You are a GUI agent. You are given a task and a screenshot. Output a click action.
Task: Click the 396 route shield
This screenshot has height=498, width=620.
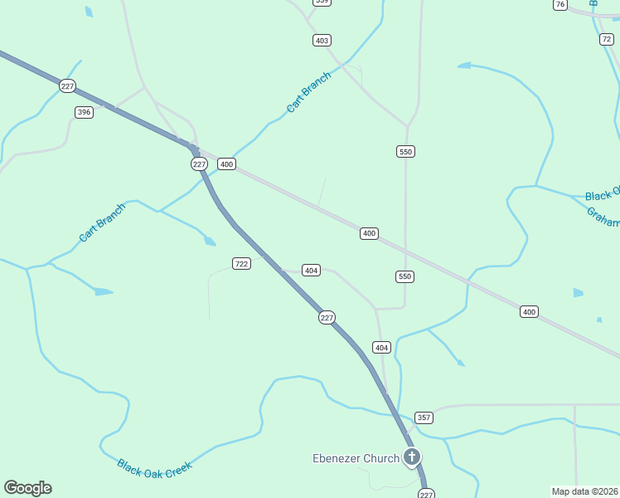pos(84,112)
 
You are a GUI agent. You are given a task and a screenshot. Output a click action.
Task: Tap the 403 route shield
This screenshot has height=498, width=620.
pos(322,41)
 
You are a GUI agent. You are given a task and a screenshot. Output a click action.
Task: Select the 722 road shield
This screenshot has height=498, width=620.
pos(241,264)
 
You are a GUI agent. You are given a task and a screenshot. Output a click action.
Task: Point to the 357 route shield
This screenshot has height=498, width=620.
pos(424,417)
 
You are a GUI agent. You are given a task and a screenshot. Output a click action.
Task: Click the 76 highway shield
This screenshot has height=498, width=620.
pos(560,5)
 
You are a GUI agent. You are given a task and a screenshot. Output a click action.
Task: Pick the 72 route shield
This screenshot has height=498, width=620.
pos(608,39)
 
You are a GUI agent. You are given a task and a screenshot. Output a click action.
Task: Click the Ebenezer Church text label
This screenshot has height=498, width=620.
pos(356,458)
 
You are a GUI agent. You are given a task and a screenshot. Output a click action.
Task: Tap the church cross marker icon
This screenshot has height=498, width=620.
pos(412,456)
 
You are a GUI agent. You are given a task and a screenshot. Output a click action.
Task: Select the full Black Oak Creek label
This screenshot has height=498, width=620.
pos(154,468)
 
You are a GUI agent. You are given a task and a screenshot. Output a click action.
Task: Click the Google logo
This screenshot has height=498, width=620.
pos(27,488)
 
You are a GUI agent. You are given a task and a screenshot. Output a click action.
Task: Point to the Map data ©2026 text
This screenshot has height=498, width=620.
pos(584,491)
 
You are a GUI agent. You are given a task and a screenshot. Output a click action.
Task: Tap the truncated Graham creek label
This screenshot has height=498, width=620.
pos(603,216)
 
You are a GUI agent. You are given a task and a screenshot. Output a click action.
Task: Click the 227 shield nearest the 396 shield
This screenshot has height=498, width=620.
pos(68,85)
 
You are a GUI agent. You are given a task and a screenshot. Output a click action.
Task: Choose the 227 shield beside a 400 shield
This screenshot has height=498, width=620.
pos(199,164)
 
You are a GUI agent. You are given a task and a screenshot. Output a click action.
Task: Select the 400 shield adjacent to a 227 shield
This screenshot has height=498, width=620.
pos(226,164)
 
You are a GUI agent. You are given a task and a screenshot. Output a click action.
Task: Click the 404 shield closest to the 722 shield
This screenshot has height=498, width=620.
pos(311,271)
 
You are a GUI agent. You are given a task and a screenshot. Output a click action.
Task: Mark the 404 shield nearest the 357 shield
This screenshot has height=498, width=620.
pos(381,347)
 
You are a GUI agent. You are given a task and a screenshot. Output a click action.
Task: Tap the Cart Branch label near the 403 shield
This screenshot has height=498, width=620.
pos(308,92)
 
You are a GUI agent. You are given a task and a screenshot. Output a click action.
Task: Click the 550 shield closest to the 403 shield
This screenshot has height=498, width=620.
pos(405,152)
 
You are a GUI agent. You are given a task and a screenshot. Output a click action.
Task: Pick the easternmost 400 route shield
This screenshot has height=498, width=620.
pos(529,312)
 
